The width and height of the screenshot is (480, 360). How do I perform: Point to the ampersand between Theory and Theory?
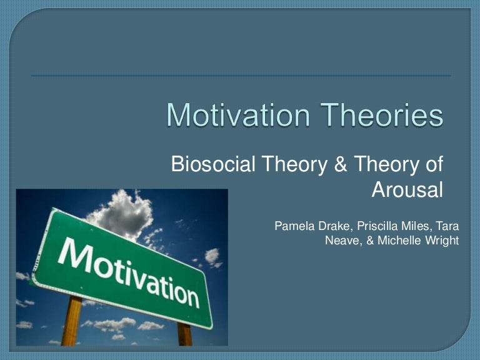coord(342,165)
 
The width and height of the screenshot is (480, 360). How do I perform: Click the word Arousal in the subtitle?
coord(407,189)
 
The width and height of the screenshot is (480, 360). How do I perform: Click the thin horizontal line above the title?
coord(241,76)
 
